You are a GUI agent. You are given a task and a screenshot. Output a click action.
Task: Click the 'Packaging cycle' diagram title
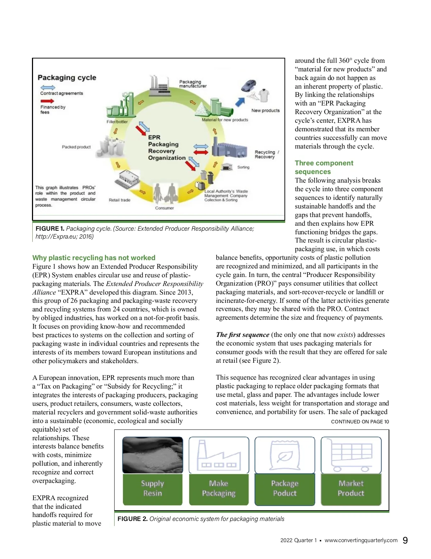[67, 77]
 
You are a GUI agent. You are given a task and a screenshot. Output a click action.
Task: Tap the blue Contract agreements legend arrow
[48, 88]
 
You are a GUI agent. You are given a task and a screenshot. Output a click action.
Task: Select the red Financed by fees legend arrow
[47, 101]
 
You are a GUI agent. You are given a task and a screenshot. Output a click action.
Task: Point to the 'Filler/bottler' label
[117, 122]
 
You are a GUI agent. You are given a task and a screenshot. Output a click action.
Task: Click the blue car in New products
[249, 85]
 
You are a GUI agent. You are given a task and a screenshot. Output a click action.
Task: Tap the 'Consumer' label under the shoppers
[164, 208]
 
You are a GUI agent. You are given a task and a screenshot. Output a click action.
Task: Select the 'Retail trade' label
[120, 200]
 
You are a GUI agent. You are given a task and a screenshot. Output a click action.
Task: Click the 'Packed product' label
[76, 147]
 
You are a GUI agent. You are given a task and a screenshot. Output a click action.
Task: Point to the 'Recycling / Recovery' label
[267, 154]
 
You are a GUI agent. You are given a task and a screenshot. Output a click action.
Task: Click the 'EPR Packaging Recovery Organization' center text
[167, 147]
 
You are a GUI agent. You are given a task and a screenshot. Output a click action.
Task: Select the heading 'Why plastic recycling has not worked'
[94, 258]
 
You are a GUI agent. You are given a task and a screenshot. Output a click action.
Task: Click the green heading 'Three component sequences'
[324, 167]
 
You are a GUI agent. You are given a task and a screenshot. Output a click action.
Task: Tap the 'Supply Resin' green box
[153, 489]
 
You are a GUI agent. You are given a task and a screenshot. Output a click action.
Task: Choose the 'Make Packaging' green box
[219, 489]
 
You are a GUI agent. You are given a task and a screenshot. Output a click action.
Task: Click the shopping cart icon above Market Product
[351, 455]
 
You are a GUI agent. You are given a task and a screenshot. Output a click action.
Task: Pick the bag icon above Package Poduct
[285, 455]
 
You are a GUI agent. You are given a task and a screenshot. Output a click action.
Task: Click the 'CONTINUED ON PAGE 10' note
[360, 422]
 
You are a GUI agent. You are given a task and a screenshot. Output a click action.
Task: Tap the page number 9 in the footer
[405, 540]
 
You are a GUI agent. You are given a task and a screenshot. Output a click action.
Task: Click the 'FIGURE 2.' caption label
[132, 519]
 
